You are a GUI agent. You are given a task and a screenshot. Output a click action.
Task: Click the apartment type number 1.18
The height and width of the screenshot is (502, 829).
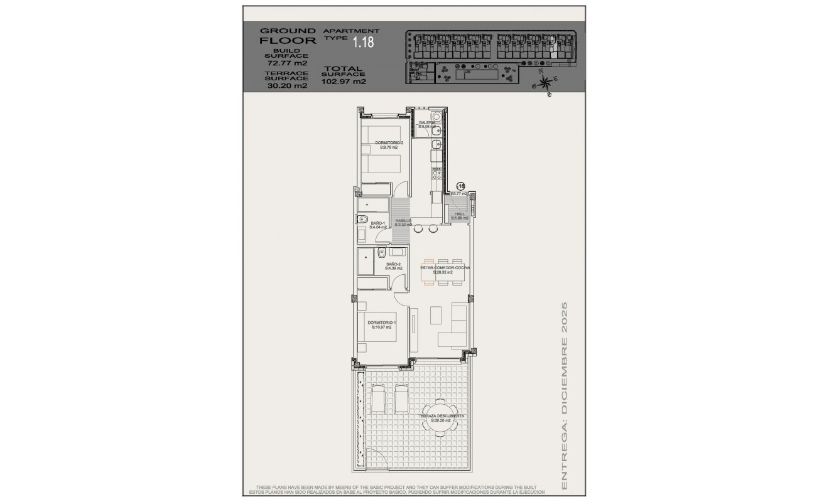tap(363, 43)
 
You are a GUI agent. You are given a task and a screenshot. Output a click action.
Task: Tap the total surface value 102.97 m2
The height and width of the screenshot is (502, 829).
tap(344, 81)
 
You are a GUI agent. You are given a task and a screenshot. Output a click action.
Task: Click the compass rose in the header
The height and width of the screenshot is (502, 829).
tap(545, 82)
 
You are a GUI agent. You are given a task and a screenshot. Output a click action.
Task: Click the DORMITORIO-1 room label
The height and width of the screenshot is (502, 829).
tap(381, 324)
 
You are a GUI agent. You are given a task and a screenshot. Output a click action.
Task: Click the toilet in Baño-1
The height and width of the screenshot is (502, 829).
tap(362, 219)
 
